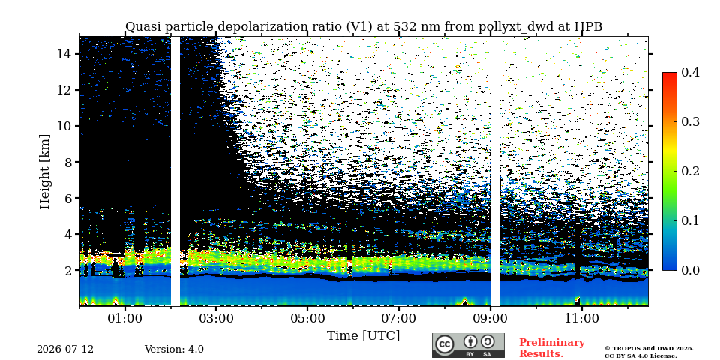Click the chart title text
click(x=364, y=27)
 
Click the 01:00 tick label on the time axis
click(x=125, y=319)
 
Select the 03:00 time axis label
click(x=217, y=319)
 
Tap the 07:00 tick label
click(x=399, y=319)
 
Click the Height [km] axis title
click(x=44, y=171)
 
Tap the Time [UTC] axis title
click(x=363, y=336)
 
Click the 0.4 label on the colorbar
click(x=690, y=72)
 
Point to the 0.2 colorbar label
click(x=690, y=171)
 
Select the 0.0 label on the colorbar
click(x=690, y=270)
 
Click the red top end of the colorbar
click(x=670, y=74)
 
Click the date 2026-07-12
click(x=65, y=349)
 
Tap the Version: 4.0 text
click(x=174, y=349)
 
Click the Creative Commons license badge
click(x=468, y=345)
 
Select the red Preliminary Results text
click(x=552, y=347)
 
